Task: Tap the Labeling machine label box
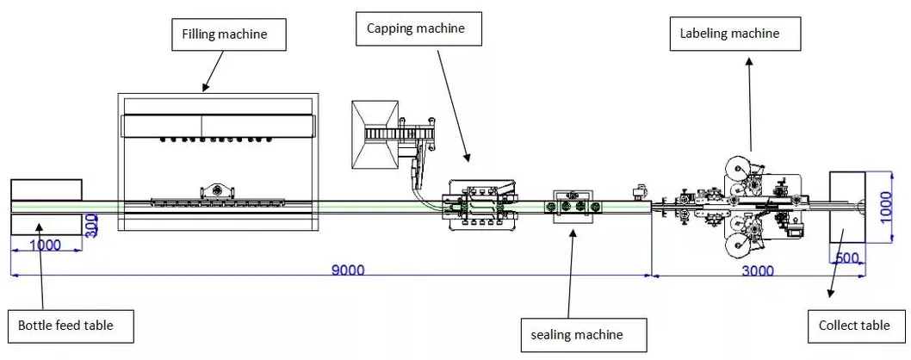(x=735, y=34)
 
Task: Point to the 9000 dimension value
(x=348, y=270)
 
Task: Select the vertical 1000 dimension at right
(x=886, y=207)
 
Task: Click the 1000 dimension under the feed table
(x=45, y=245)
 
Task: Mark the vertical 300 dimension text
(x=91, y=226)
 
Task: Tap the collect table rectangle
(x=846, y=207)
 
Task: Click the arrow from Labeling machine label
(x=750, y=103)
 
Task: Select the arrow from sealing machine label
(x=570, y=276)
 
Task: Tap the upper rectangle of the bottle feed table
(x=46, y=189)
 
